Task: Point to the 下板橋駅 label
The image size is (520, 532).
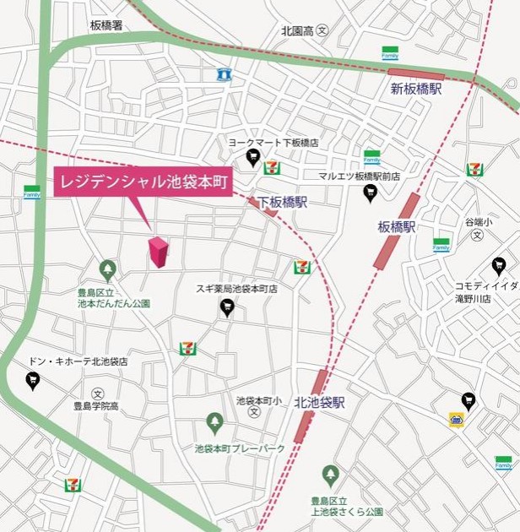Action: click(x=282, y=203)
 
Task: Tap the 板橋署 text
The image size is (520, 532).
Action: click(x=106, y=25)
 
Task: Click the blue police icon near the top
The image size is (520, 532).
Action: click(x=224, y=74)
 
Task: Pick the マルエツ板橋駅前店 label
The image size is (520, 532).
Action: click(x=359, y=176)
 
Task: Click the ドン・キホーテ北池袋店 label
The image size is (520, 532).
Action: click(x=77, y=361)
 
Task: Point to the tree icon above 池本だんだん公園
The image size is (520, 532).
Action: click(x=107, y=270)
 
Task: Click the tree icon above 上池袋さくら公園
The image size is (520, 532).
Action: click(x=330, y=477)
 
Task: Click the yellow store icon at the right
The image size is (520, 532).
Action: click(x=457, y=420)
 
